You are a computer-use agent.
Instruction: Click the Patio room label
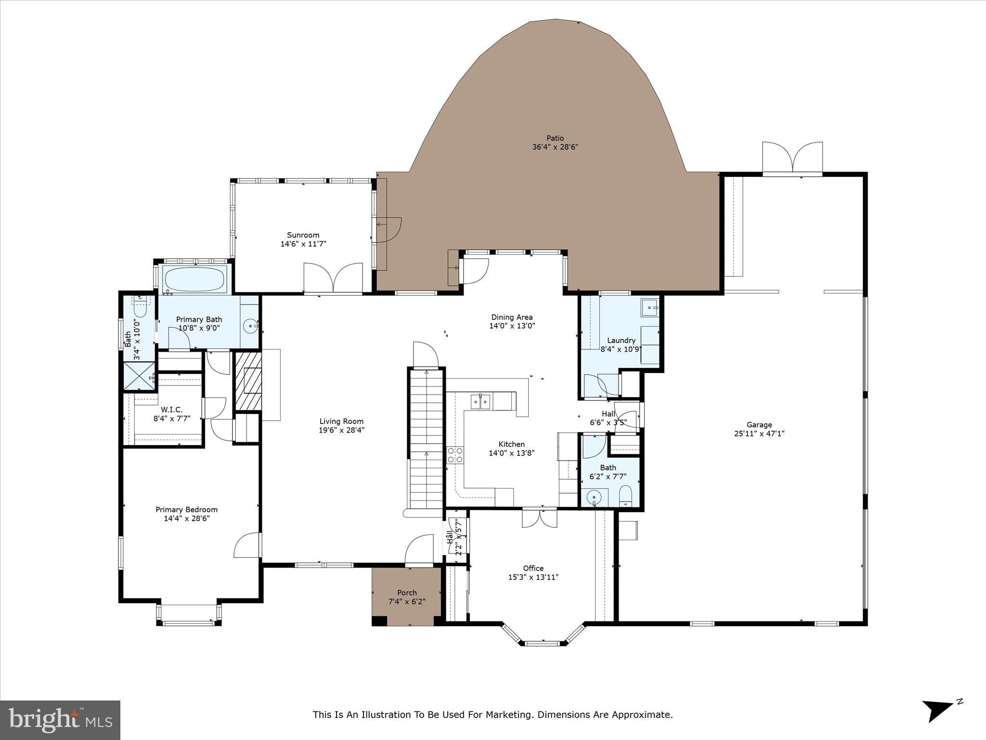(x=555, y=138)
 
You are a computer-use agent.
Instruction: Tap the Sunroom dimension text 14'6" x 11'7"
(x=303, y=244)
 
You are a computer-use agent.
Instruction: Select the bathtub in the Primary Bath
(x=195, y=279)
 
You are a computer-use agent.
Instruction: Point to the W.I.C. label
(x=172, y=410)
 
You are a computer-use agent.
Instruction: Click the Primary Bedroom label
(x=186, y=510)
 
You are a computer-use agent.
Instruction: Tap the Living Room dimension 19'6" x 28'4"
(x=341, y=430)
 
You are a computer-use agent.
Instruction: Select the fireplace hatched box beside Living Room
(x=248, y=382)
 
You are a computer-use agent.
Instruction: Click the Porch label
(x=407, y=593)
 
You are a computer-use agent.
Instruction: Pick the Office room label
(x=533, y=568)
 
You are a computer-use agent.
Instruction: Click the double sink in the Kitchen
(x=480, y=401)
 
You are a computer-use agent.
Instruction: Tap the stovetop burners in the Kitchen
(x=455, y=455)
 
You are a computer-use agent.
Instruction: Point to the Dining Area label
(x=512, y=317)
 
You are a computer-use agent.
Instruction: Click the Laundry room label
(x=621, y=340)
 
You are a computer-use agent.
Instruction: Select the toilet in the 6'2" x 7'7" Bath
(x=625, y=496)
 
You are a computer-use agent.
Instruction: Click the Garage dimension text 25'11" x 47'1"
(x=759, y=433)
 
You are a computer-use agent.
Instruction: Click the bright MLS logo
(x=60, y=720)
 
